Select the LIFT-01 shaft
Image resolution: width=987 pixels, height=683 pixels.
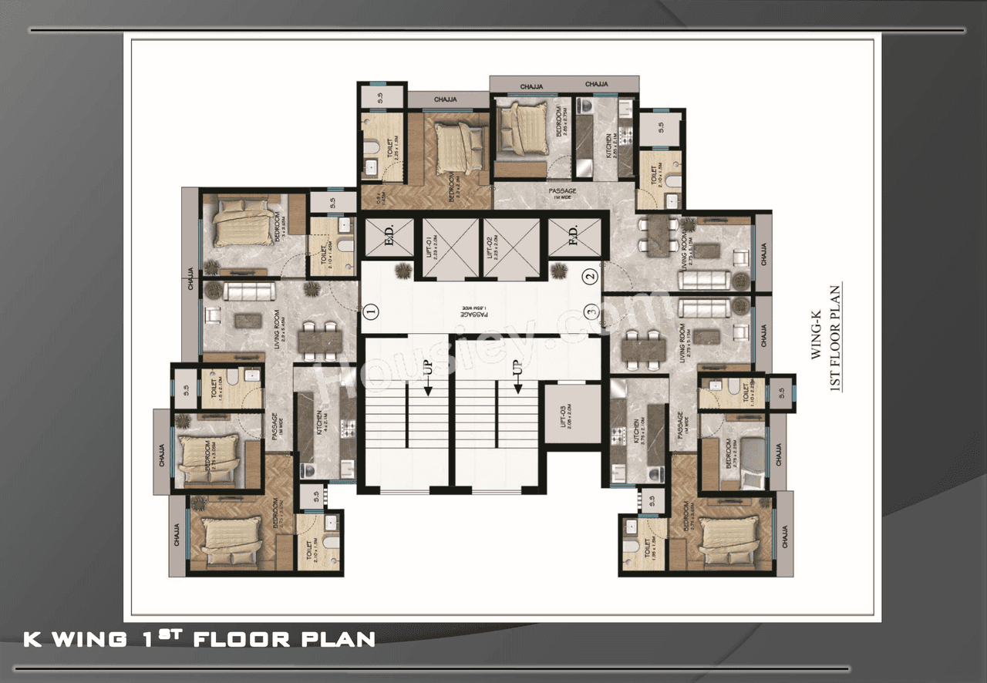click(451, 248)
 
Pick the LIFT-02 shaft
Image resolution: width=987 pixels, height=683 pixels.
click(510, 248)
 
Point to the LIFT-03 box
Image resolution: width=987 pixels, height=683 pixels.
click(571, 414)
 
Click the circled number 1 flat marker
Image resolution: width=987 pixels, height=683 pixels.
click(371, 311)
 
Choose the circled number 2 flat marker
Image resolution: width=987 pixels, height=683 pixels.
click(590, 274)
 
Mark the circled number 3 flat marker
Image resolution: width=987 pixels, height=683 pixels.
click(591, 311)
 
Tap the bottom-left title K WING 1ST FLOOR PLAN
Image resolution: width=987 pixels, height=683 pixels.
click(200, 638)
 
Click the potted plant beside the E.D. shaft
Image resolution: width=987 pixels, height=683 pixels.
click(403, 270)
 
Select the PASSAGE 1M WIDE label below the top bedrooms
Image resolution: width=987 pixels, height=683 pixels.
click(562, 193)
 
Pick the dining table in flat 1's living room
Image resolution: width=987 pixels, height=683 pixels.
click(318, 340)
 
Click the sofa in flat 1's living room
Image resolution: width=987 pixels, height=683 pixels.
click(249, 291)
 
